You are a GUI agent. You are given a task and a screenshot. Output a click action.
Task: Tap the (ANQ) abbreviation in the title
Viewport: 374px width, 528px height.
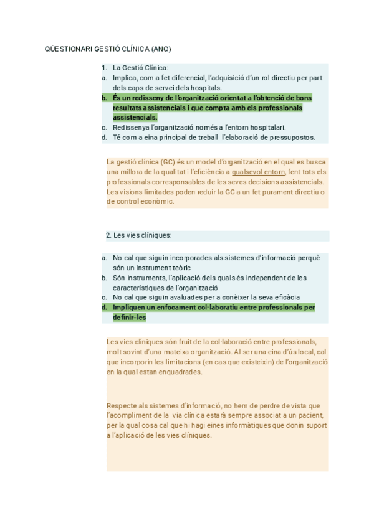(x=160, y=49)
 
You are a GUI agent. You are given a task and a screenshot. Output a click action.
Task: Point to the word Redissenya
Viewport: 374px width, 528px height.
(x=132, y=127)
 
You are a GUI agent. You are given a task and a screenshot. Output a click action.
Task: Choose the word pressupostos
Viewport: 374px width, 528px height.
(x=295, y=137)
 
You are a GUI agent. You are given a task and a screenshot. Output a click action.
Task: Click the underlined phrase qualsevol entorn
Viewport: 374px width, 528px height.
(x=258, y=172)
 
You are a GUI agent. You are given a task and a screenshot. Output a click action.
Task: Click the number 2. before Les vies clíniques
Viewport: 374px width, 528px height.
(x=108, y=235)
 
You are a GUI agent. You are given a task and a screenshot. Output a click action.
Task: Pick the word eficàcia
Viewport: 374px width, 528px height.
(x=284, y=297)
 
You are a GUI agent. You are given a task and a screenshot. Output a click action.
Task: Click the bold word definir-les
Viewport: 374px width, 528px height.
(x=129, y=317)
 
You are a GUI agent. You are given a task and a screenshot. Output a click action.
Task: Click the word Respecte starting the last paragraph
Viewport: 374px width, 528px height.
(x=122, y=405)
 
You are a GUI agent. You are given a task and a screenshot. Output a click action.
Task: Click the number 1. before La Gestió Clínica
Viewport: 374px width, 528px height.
(x=104, y=68)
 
